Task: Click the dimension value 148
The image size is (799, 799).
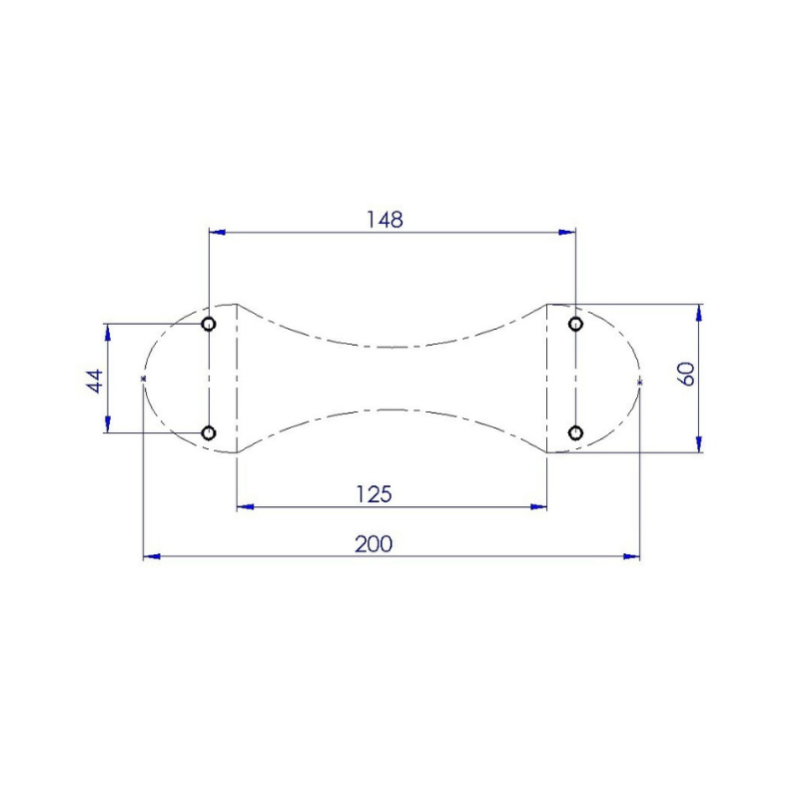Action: pyautogui.click(x=385, y=219)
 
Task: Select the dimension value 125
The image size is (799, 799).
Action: pyautogui.click(x=374, y=493)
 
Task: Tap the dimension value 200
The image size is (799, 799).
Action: pyautogui.click(x=374, y=543)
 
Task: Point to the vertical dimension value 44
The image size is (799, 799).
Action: pyautogui.click(x=94, y=380)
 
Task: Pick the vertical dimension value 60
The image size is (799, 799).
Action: pyautogui.click(x=685, y=376)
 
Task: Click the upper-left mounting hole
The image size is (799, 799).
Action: pyautogui.click(x=209, y=324)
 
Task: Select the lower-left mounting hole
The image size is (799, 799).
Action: pyautogui.click(x=209, y=432)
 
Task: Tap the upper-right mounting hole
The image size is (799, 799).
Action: pyautogui.click(x=575, y=324)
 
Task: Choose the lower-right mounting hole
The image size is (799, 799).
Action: pyautogui.click(x=575, y=432)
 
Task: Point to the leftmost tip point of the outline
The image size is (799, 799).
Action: pyautogui.click(x=144, y=380)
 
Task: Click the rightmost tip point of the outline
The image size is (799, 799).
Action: pyautogui.click(x=639, y=382)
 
